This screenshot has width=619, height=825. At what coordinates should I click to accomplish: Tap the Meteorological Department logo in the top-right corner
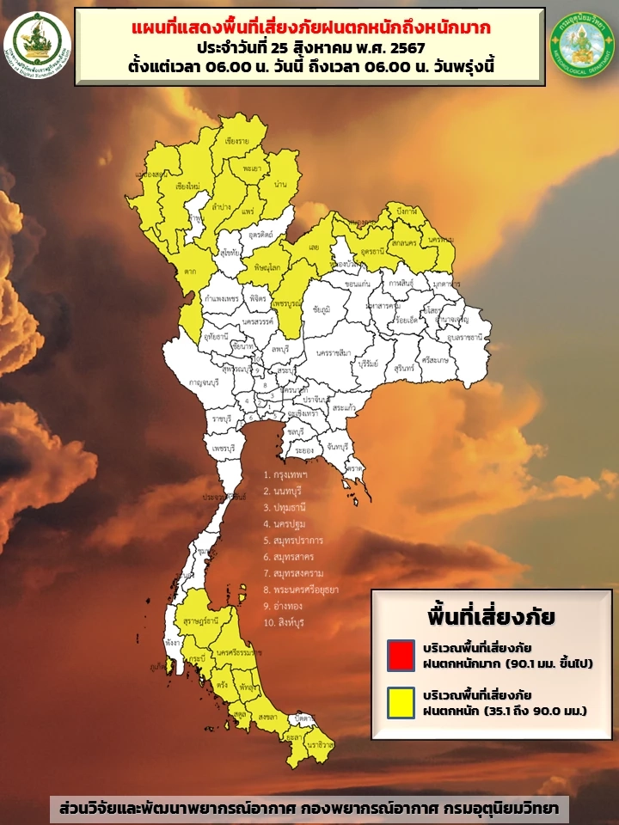(581, 41)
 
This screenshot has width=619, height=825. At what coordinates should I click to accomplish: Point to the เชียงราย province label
(236, 140)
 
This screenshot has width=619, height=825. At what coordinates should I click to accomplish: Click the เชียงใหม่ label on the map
(187, 186)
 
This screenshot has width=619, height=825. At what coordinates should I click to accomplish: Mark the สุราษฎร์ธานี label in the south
(200, 619)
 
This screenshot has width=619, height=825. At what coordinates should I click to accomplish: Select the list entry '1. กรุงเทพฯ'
(286, 474)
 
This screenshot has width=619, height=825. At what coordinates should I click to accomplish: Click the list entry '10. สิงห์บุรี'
(285, 620)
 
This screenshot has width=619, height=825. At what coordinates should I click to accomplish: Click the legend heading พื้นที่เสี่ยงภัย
(491, 616)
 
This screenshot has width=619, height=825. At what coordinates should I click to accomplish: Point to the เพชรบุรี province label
(224, 449)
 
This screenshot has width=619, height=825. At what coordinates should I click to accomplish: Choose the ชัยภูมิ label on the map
(322, 309)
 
